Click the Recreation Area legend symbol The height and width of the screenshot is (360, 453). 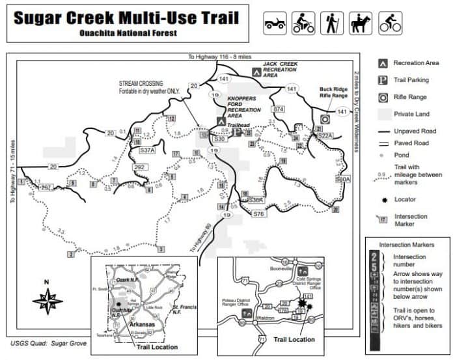(x=383, y=63)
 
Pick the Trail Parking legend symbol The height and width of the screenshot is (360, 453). (x=383, y=80)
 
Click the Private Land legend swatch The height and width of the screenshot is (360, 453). (x=383, y=114)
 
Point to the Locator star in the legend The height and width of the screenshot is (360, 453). (x=383, y=199)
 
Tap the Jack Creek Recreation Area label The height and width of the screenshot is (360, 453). (x=280, y=70)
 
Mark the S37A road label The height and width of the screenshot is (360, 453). (x=148, y=150)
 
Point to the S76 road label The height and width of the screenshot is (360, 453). (x=258, y=214)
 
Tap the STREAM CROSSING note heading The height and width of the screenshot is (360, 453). (x=141, y=84)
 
